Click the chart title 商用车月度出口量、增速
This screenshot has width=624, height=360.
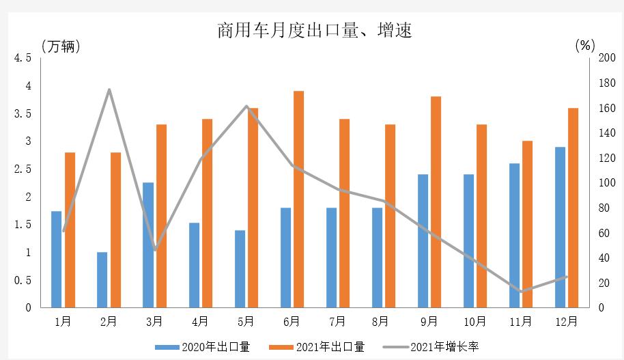[x=315, y=31]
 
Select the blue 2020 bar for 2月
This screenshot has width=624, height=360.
[x=102, y=280]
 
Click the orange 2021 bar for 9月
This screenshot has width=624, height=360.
[x=436, y=202]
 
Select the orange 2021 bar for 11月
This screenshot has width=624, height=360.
[x=527, y=224]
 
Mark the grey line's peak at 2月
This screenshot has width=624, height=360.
[x=109, y=89]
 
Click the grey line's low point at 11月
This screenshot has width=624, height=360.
[x=522, y=292]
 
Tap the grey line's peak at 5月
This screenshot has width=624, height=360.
[x=246, y=106]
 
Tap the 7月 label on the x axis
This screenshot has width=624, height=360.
[x=337, y=320]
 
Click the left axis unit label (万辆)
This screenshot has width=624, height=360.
[x=61, y=46]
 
